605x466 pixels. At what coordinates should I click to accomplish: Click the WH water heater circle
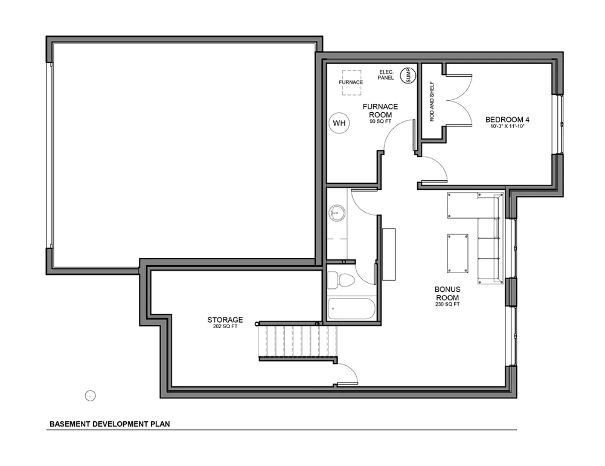(x=339, y=123)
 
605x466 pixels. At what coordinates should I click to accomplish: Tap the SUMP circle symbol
(x=408, y=76)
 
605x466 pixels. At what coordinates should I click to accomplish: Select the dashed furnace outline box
(x=351, y=83)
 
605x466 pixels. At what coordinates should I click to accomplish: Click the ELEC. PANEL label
(x=386, y=75)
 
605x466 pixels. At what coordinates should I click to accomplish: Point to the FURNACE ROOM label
(x=380, y=111)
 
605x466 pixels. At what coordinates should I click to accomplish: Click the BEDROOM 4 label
(x=505, y=120)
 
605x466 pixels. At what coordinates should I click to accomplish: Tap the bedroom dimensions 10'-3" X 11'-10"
(x=507, y=126)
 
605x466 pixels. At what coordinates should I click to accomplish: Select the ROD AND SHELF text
(x=432, y=101)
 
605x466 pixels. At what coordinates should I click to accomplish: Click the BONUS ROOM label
(x=447, y=293)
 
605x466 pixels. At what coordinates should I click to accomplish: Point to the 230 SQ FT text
(x=447, y=304)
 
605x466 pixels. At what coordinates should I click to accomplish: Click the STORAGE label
(x=225, y=320)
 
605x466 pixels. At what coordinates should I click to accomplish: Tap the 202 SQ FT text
(x=225, y=326)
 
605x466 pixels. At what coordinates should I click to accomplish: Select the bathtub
(x=351, y=308)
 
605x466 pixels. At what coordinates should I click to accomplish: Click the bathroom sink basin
(x=337, y=213)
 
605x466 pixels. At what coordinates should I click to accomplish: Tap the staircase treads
(x=298, y=341)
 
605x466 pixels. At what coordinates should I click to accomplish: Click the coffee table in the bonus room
(x=458, y=253)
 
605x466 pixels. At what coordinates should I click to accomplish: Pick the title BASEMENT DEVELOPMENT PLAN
(x=109, y=424)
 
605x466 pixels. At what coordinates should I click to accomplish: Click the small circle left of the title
(x=90, y=396)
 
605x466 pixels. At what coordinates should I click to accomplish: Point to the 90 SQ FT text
(x=380, y=121)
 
